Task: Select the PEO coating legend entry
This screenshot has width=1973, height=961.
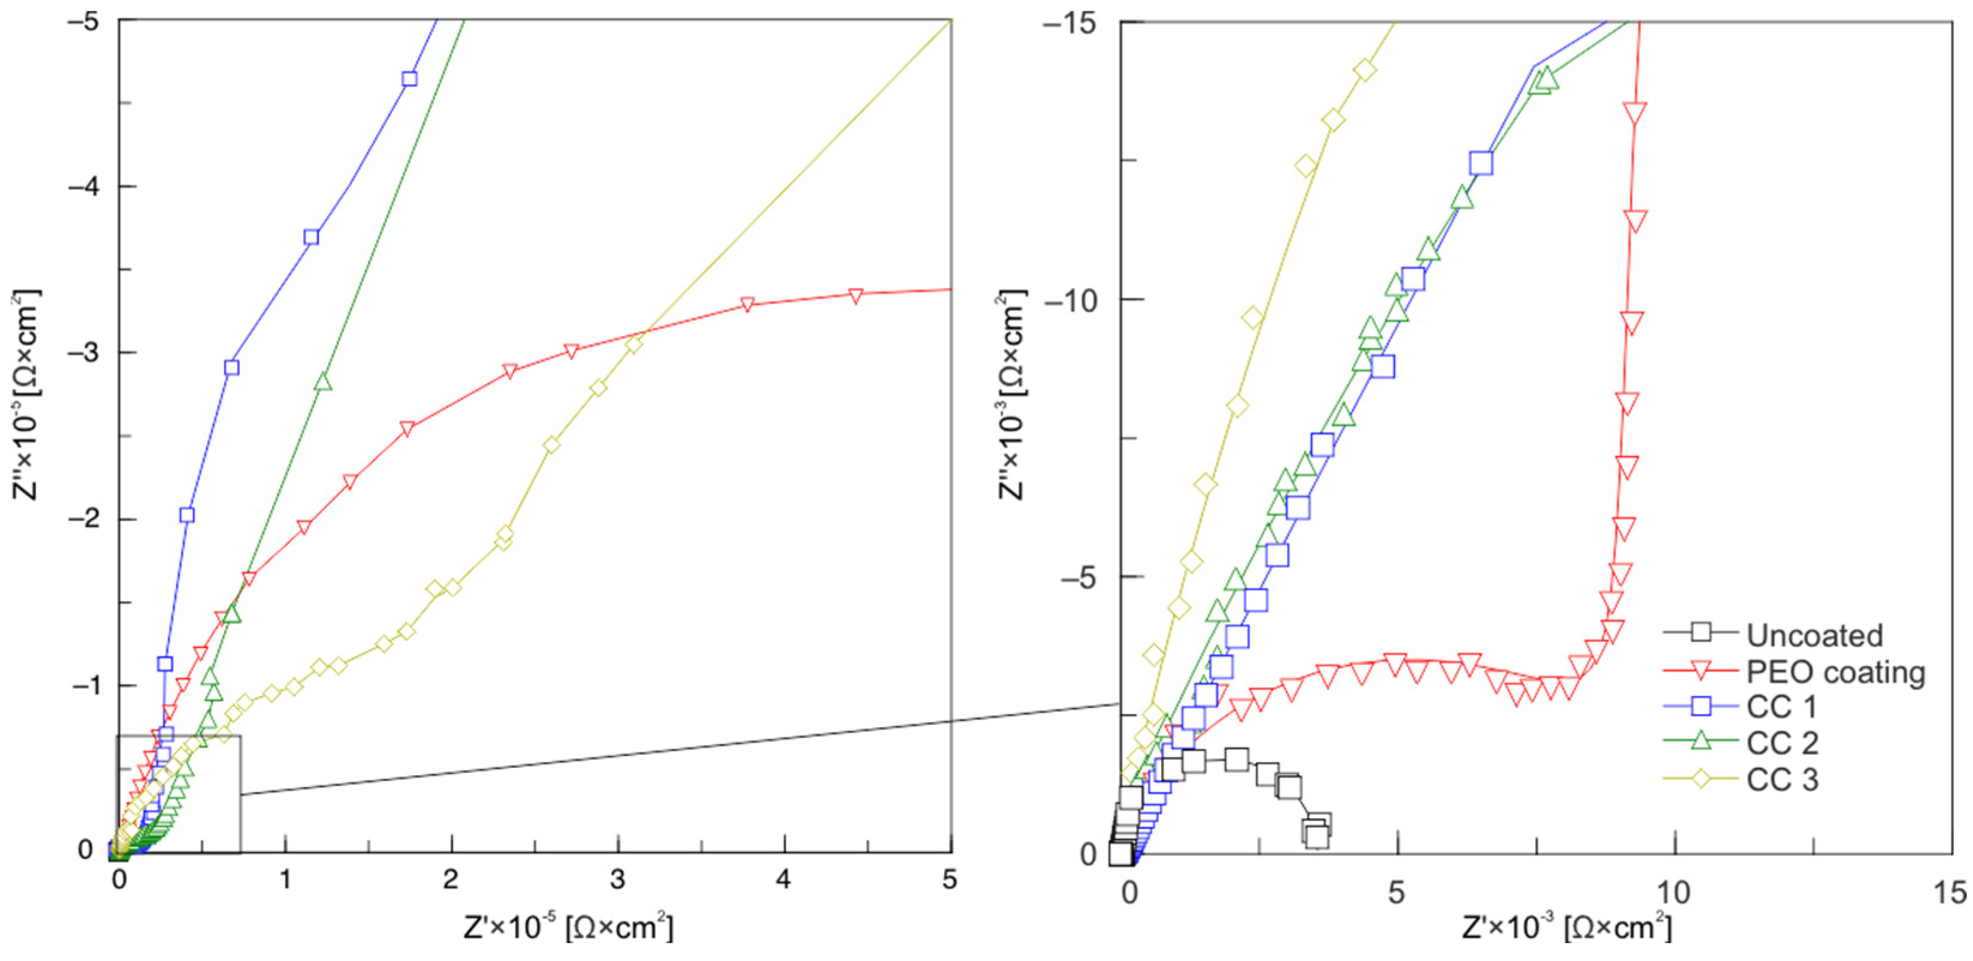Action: (1835, 671)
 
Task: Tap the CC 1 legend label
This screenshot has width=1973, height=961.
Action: (1781, 707)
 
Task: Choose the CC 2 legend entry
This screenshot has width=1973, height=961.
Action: (1781, 743)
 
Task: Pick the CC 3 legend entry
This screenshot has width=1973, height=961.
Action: (1781, 779)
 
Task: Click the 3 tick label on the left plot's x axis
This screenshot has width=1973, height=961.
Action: (617, 879)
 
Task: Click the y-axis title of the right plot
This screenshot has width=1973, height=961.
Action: (1011, 394)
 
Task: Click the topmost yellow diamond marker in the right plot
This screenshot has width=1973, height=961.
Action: (1365, 70)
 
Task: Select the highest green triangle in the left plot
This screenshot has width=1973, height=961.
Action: (322, 382)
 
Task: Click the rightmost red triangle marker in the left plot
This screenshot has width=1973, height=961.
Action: (856, 296)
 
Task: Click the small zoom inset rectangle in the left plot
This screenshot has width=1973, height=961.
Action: (179, 794)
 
